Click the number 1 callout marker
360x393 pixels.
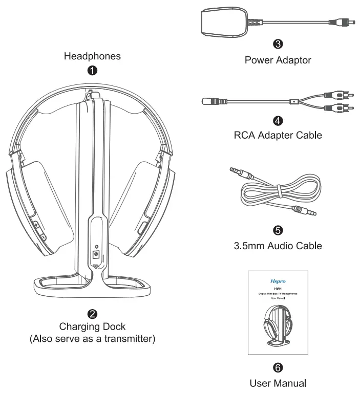[x=92, y=71]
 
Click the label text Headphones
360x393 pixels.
[x=92, y=56]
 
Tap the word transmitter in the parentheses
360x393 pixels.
[x=128, y=339]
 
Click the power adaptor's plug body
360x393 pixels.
[x=222, y=24]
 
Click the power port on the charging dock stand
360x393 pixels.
[x=94, y=254]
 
